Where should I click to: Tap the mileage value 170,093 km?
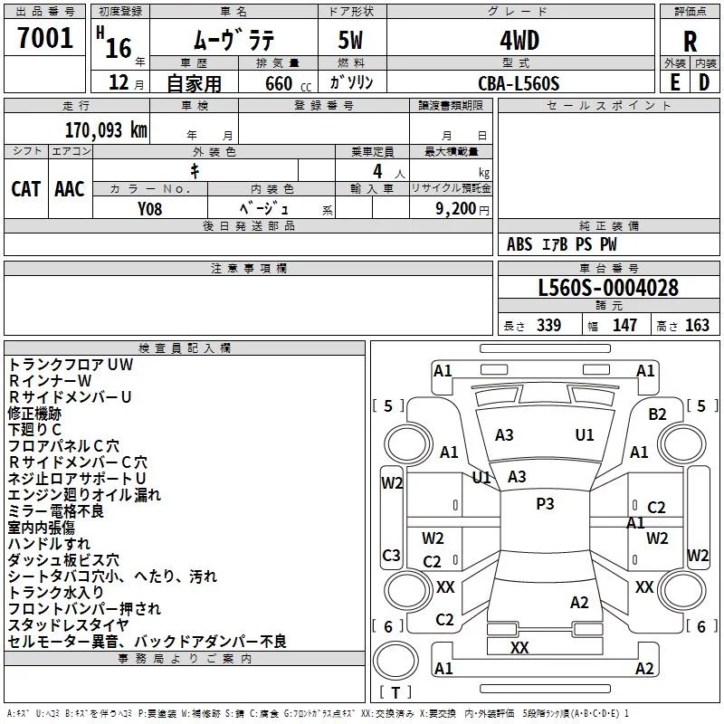point(106,130)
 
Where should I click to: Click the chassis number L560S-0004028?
point(608,289)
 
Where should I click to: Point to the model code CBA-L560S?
point(519,83)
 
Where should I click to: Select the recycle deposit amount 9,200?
point(449,208)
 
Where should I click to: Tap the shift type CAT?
point(26,188)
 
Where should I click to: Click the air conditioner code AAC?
point(70,188)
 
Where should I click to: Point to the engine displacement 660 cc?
point(280,83)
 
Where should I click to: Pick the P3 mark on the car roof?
point(545,504)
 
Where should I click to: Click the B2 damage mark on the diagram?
point(657,414)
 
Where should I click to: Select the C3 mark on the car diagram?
point(392,556)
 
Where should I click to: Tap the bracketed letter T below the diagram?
point(396,692)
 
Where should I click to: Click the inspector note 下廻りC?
point(35,429)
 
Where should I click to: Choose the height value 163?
point(698,326)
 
